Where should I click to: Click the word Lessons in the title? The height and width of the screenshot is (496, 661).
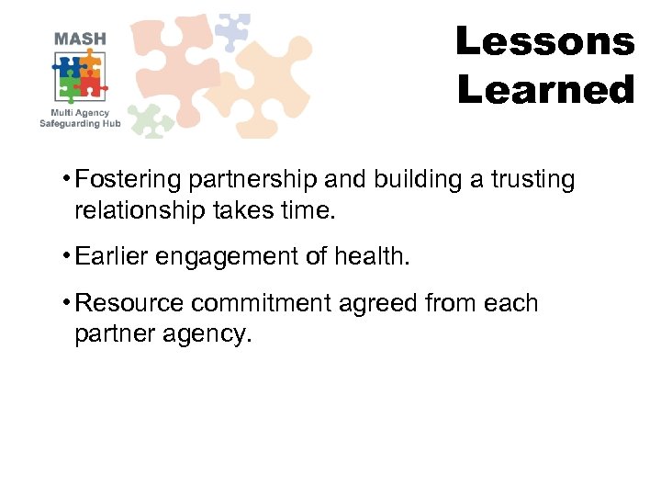coord(544,41)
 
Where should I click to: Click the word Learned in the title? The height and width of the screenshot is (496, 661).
coord(545,90)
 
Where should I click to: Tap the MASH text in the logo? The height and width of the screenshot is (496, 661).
coord(80,39)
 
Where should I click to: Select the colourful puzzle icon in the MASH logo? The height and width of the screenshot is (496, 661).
coord(80,77)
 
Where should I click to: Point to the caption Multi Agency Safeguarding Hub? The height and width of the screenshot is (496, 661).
coord(81,118)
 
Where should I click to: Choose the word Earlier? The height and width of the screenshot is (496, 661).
coord(112,257)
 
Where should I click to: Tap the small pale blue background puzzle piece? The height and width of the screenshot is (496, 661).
coord(231,31)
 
